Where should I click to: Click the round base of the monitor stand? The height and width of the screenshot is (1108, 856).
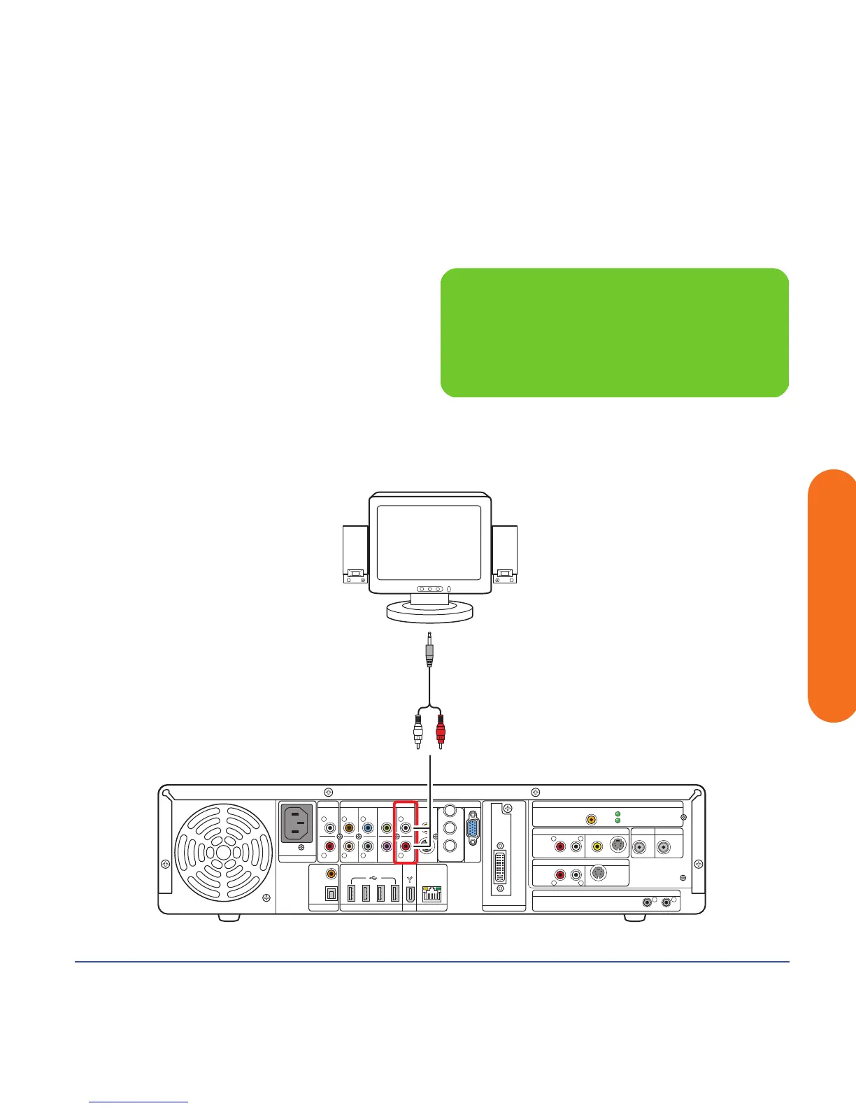click(x=430, y=611)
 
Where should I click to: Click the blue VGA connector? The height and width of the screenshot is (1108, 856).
click(x=473, y=829)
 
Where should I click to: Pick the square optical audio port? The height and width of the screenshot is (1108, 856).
click(x=330, y=894)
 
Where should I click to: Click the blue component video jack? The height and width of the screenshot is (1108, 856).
click(x=368, y=828)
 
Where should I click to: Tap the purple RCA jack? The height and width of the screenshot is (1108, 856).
click(x=386, y=846)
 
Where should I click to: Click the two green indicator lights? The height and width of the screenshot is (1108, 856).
click(x=617, y=817)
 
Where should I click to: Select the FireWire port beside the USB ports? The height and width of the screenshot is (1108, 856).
click(x=409, y=893)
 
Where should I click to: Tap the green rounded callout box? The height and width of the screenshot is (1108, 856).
click(x=614, y=332)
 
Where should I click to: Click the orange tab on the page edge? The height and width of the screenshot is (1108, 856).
click(x=832, y=595)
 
